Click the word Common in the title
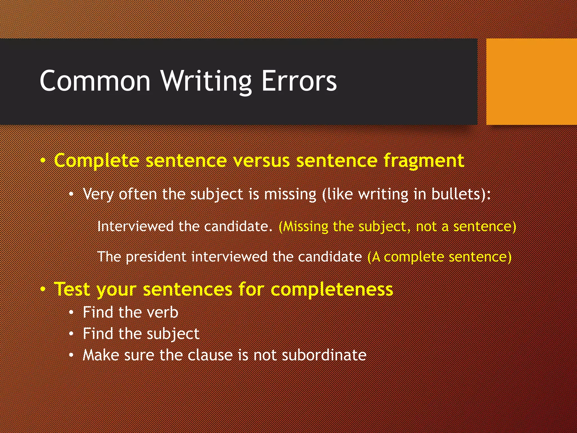(95, 81)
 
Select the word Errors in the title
(299, 81)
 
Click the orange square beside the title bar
(531, 82)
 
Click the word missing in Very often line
(290, 195)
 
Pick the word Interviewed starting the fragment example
(135, 226)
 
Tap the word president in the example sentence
(156, 257)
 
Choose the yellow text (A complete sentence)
(439, 257)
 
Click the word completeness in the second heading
(332, 290)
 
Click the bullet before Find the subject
(72, 334)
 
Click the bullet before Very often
(72, 195)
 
